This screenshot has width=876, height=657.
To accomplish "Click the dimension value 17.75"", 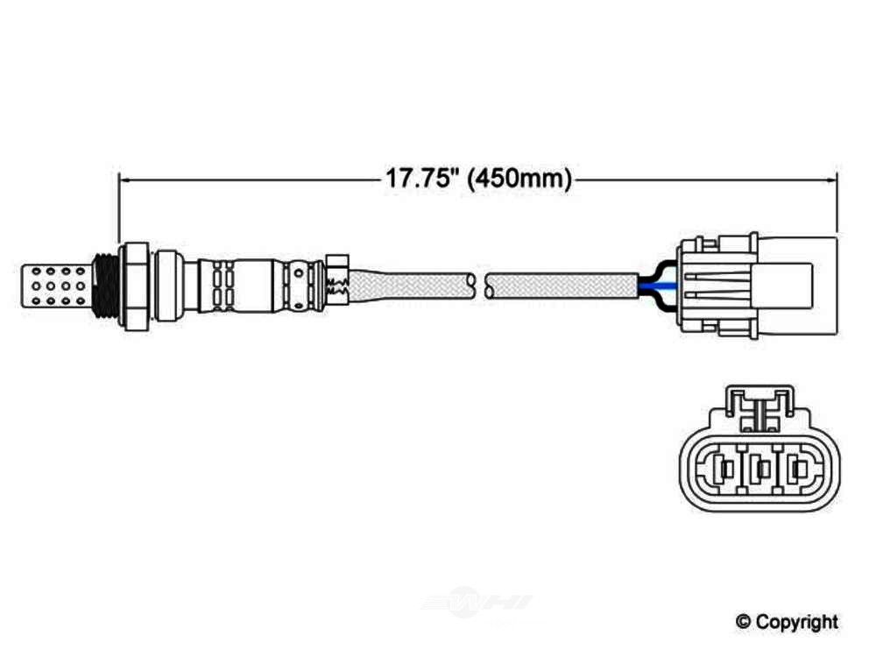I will pyautogui.click(x=423, y=179).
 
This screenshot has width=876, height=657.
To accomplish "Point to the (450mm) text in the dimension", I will pyautogui.click(x=519, y=179).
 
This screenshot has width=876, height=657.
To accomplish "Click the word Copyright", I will pyautogui.click(x=797, y=622).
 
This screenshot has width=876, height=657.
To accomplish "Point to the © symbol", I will pyautogui.click(x=743, y=622).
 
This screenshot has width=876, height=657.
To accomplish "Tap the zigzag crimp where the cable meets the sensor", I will pyautogui.click(x=336, y=282).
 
